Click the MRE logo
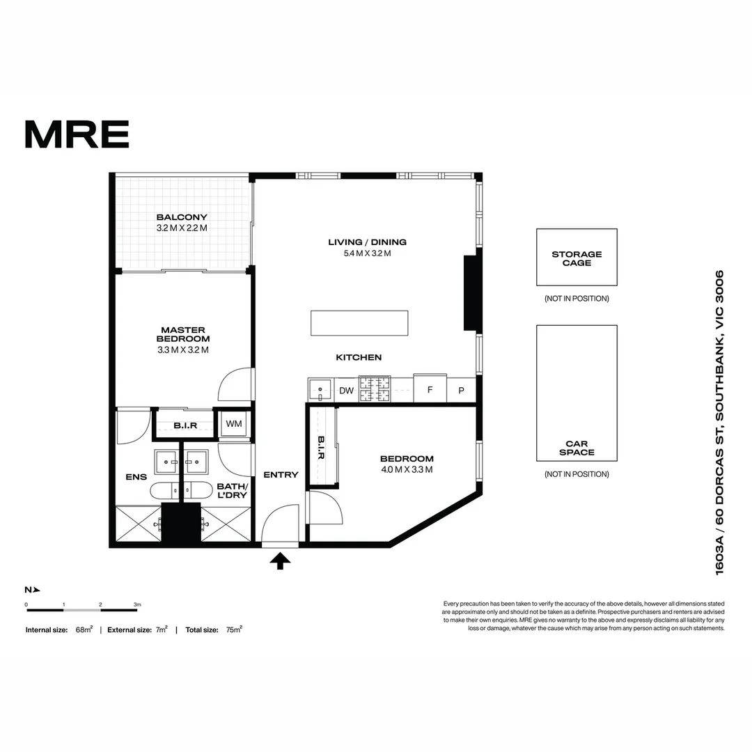(77, 134)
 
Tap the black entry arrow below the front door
(280, 561)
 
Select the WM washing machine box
(233, 424)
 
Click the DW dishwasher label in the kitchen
(346, 391)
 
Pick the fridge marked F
(430, 389)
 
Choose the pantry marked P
(461, 391)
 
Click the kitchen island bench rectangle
(359, 323)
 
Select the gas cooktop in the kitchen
(375, 390)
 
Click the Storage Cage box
(577, 258)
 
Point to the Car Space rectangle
(577, 393)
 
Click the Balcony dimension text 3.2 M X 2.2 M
(182, 228)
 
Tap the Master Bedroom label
(182, 334)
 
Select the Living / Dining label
(367, 242)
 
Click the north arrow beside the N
(37, 590)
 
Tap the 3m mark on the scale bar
(138, 604)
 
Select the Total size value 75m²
(233, 629)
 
